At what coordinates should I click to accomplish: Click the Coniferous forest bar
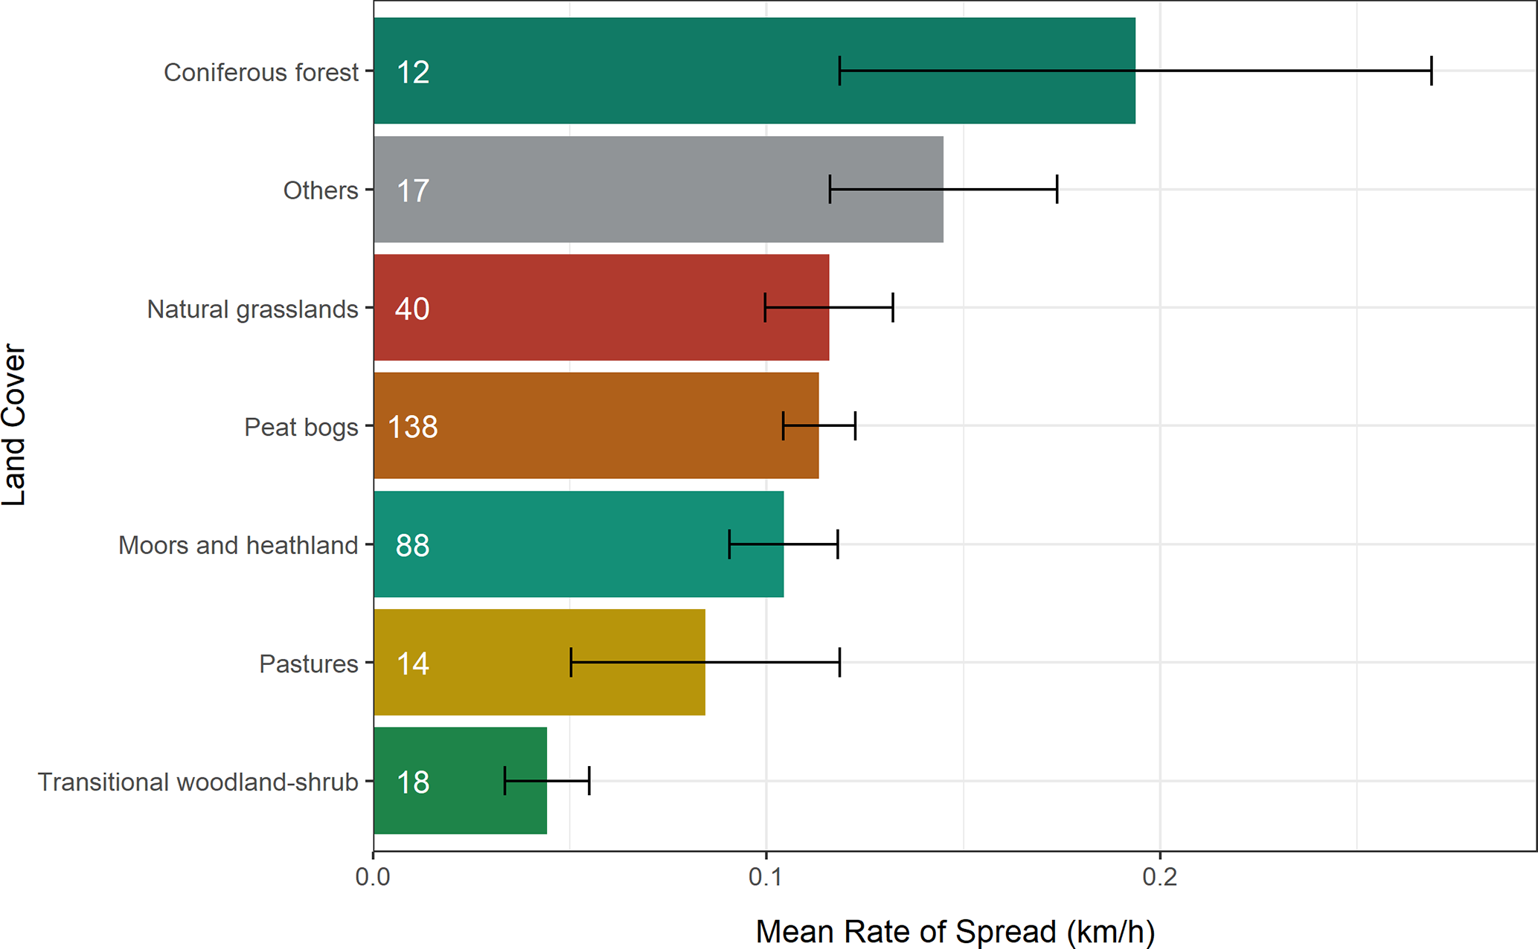tap(754, 71)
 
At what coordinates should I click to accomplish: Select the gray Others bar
tap(658, 190)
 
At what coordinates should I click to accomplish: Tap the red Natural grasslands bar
tap(601, 308)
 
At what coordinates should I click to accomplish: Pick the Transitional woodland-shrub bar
tap(460, 781)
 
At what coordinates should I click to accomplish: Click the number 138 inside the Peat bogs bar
tap(413, 427)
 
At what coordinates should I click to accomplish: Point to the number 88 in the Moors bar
tap(412, 545)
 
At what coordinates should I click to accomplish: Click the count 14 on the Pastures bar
tap(412, 663)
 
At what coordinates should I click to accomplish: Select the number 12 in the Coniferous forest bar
tap(412, 72)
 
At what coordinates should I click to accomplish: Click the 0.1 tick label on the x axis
tap(766, 877)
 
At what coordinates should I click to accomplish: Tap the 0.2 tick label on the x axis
tap(1159, 877)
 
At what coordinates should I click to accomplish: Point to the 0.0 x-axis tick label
tap(373, 877)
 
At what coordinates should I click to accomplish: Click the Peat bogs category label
tap(301, 427)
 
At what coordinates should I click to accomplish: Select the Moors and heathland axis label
tap(238, 545)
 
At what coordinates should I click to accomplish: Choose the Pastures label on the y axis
tap(308, 663)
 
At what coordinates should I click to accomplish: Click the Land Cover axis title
tap(15, 425)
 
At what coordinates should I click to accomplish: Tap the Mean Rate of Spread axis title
tap(955, 931)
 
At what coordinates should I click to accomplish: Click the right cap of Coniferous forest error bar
tap(1431, 71)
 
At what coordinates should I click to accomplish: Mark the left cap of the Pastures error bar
tap(571, 662)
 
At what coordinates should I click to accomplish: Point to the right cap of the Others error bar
tap(1057, 190)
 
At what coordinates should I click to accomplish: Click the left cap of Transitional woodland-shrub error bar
tap(504, 780)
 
